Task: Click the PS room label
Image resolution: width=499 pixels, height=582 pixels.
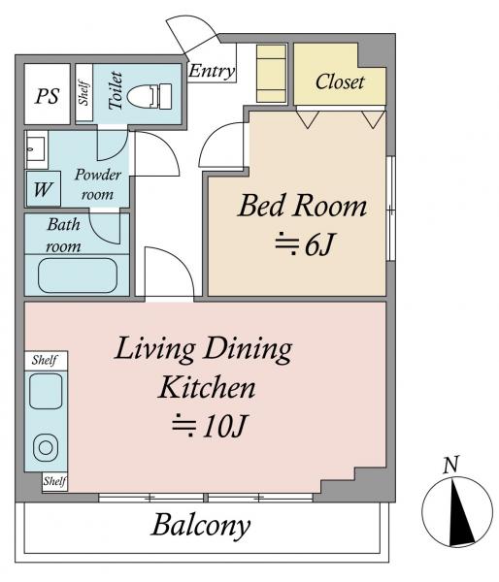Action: point(48,96)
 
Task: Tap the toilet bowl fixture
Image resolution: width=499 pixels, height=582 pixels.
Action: point(149,96)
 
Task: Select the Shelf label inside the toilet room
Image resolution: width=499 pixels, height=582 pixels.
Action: point(83,93)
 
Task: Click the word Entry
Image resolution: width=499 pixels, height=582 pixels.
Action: point(212,71)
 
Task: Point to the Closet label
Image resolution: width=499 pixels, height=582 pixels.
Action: point(340,81)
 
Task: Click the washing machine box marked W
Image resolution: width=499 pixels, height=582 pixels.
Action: point(43,189)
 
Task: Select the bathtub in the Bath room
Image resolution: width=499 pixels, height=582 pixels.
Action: point(78,275)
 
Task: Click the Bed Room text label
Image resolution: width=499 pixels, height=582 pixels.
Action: point(302,206)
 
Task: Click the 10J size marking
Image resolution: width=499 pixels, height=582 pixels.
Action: point(210,426)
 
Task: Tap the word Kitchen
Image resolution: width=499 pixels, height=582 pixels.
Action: point(207,387)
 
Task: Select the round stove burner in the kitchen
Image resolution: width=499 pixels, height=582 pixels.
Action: point(46,448)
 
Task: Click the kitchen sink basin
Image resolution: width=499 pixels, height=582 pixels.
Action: point(46,391)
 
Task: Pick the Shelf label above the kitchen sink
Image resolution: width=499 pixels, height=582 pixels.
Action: point(45,360)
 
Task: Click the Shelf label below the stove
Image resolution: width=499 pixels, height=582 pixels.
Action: point(54,481)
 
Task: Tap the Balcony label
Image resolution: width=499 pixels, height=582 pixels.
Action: point(201,526)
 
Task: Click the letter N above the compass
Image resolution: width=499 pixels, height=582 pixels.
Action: point(451,465)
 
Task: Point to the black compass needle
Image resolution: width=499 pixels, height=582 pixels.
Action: point(459,512)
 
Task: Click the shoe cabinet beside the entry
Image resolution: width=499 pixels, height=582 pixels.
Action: point(272,74)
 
